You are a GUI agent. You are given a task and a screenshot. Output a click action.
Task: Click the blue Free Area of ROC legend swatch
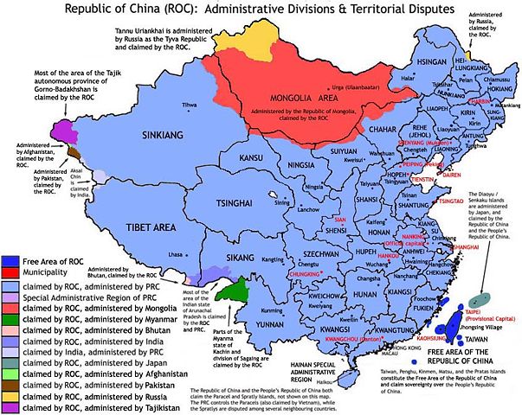11,260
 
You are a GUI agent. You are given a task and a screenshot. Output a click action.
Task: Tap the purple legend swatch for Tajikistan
11,406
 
